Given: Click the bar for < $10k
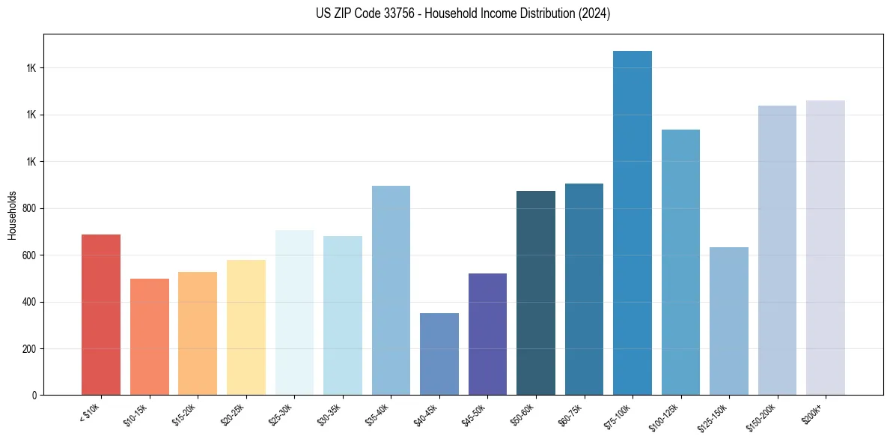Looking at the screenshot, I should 101,315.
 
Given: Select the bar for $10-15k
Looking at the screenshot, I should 150,337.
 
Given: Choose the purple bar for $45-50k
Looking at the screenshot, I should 487,334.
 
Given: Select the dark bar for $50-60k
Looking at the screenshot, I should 536,293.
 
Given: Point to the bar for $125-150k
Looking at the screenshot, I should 729,321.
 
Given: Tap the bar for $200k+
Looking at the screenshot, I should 826,248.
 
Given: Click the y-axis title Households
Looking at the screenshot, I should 12,214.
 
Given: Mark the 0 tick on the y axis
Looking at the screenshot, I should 34,396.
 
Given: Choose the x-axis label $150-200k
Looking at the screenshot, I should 763,415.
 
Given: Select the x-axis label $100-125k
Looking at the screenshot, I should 666,415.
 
